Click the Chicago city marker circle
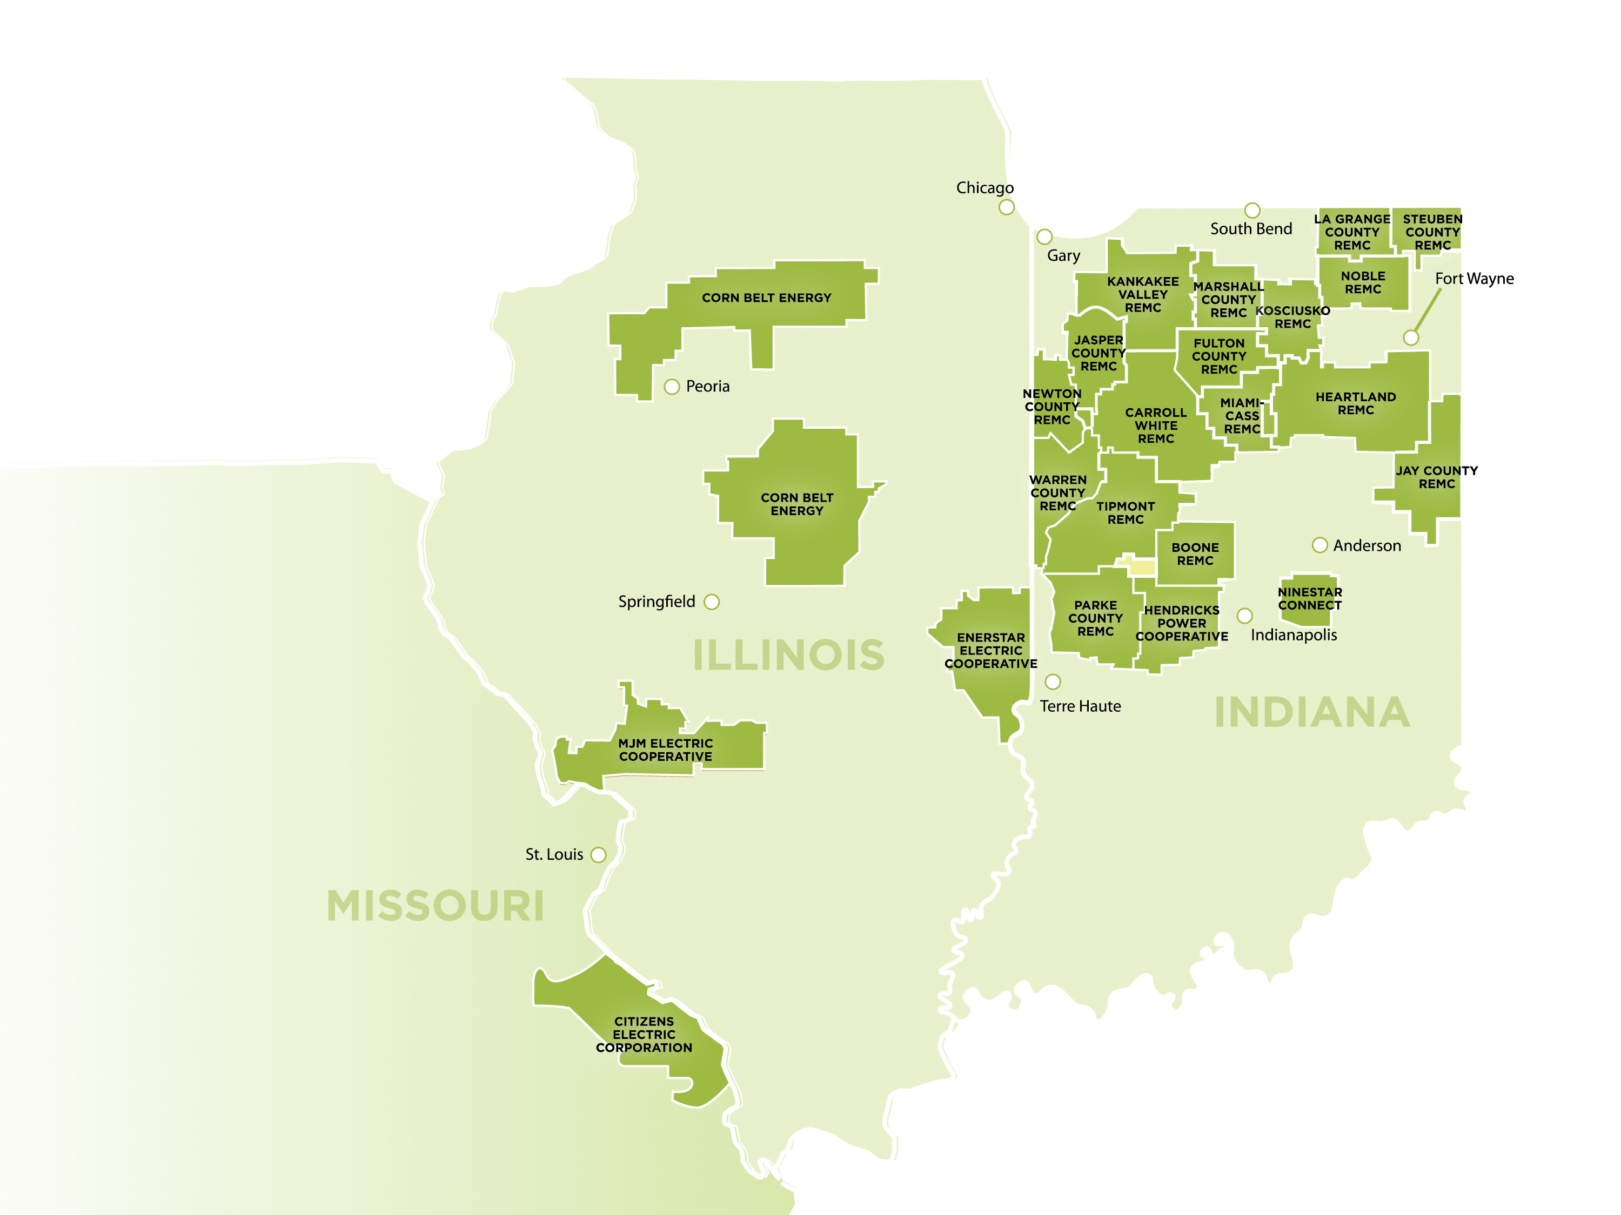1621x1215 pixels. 1006,207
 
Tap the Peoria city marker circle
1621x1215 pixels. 671,387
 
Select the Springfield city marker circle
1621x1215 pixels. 711,602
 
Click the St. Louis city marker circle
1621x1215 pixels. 598,855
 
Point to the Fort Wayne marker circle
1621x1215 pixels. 1411,337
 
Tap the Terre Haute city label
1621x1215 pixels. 1080,706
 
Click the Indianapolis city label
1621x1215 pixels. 1294,635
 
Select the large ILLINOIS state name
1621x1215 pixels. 788,654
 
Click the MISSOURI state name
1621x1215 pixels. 436,906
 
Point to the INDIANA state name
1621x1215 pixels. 1312,713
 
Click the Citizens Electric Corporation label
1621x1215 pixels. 644,1034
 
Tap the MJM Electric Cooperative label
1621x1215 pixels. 665,750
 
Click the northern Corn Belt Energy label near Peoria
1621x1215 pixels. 767,298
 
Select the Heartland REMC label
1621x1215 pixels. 1355,403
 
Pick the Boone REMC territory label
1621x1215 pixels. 1195,553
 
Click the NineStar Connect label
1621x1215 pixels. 1310,598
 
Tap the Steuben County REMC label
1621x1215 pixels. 1432,232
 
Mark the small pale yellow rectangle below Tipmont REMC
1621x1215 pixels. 1141,567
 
